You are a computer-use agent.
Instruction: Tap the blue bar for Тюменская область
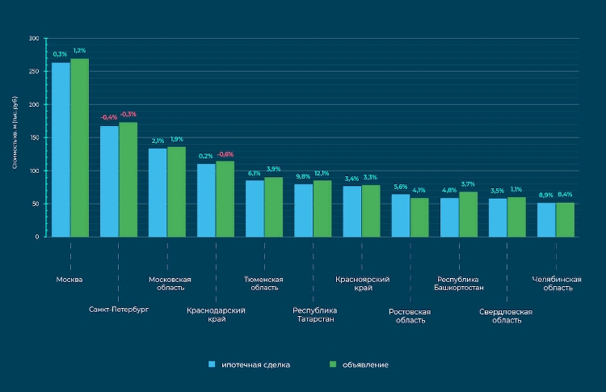[255, 209]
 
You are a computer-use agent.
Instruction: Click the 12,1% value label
[322, 174]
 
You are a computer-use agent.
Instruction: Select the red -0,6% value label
[225, 154]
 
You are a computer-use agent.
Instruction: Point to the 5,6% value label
[401, 188]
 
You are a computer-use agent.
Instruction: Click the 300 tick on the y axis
[33, 39]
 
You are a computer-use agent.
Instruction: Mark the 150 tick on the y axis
[33, 138]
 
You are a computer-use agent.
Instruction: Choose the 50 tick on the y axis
[35, 204]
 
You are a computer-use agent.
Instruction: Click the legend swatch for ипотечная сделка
[212, 365]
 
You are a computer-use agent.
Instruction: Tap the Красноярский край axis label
[363, 283]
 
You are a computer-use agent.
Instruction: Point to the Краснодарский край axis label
[216, 314]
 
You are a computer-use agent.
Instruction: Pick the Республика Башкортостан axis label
[460, 283]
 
